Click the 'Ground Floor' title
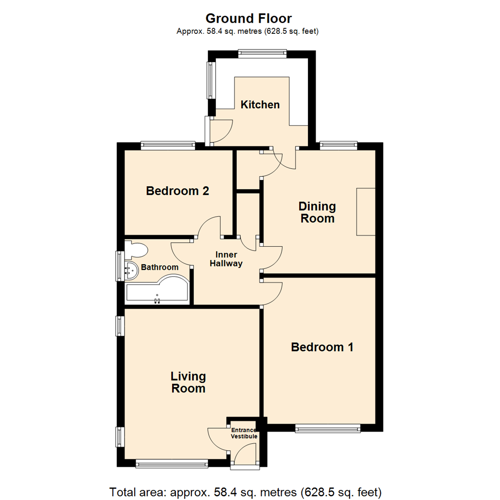(x=249, y=19)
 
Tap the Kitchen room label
(x=260, y=105)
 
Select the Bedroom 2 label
(x=178, y=191)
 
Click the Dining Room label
(x=317, y=212)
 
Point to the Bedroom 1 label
(x=322, y=347)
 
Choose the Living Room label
(x=188, y=382)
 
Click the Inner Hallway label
(x=226, y=259)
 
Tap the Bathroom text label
(x=160, y=267)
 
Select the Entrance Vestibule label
(x=244, y=433)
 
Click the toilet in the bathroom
(x=137, y=250)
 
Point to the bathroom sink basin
(x=132, y=270)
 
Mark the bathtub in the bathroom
(x=157, y=292)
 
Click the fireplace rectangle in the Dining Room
(x=365, y=212)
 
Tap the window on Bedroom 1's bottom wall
(x=328, y=429)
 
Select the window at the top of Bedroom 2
(x=168, y=145)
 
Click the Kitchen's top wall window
(x=262, y=54)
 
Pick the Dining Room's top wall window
(x=338, y=145)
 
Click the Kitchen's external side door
(x=207, y=131)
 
